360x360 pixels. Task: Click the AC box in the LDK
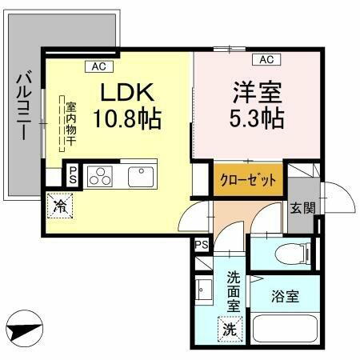coord(99,66)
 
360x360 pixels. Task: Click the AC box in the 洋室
coord(266,59)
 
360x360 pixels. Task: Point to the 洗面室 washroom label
coord(234,291)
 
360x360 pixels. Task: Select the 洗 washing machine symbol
coord(230,328)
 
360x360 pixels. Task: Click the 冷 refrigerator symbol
coord(60,205)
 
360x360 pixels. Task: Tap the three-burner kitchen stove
coord(100,174)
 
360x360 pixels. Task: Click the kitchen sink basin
coord(141,174)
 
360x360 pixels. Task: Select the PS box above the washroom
coord(201,245)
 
